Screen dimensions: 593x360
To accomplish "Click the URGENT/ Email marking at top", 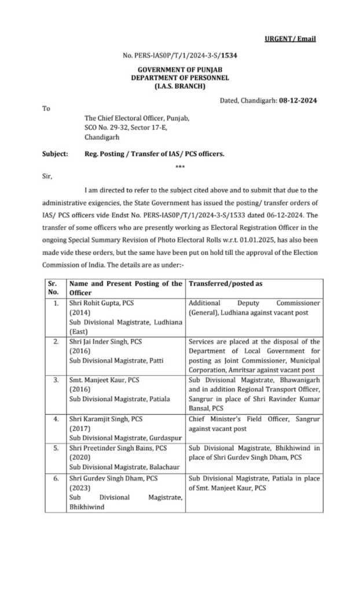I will pos(290,39).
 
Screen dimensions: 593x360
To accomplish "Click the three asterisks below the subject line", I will pos(179,167).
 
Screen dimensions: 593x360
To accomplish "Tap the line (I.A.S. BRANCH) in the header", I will pos(180,86).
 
